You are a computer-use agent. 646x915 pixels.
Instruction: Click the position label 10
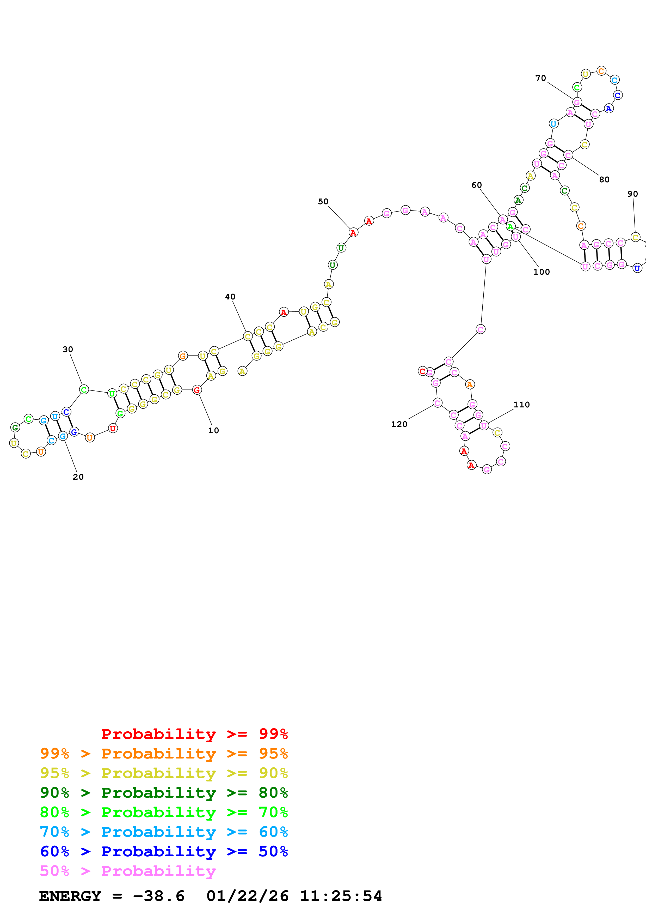[213, 430]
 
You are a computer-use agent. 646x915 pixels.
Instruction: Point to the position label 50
[323, 201]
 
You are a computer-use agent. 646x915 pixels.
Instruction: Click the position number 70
[540, 78]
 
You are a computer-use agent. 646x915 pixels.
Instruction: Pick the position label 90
[632, 194]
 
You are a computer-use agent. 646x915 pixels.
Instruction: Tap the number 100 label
[541, 272]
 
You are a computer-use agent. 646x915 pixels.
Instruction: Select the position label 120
[399, 424]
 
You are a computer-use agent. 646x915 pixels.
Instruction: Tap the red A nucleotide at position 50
[353, 232]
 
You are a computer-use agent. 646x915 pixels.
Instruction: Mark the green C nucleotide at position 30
[84, 389]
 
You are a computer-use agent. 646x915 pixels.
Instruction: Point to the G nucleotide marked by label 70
[577, 103]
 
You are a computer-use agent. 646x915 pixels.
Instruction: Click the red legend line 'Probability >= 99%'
[194, 734]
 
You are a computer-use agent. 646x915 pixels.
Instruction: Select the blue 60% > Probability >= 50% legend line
[164, 851]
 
